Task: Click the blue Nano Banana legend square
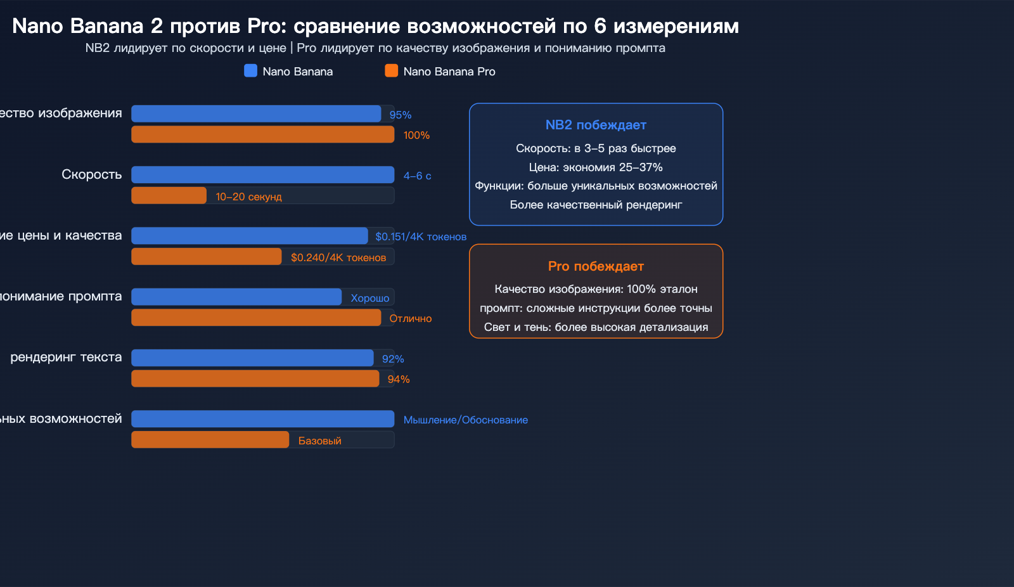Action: click(x=250, y=71)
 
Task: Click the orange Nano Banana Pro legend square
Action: click(x=391, y=71)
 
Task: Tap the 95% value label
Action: click(x=400, y=115)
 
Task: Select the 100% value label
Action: click(x=416, y=135)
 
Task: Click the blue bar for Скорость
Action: click(x=262, y=174)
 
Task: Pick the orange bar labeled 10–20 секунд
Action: click(x=169, y=195)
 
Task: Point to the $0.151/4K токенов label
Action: click(x=420, y=236)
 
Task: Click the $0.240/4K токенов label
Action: click(x=338, y=257)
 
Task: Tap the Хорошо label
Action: click(x=369, y=298)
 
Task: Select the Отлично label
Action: click(x=410, y=318)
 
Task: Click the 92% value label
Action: click(x=393, y=359)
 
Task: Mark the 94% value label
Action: click(x=399, y=379)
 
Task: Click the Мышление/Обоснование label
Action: click(x=465, y=420)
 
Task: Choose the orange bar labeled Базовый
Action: click(x=210, y=439)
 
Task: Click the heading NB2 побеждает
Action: click(x=596, y=125)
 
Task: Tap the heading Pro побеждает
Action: click(x=596, y=266)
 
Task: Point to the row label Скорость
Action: click(x=91, y=174)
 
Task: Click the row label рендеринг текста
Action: click(x=66, y=357)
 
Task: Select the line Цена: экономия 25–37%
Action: click(x=596, y=167)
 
